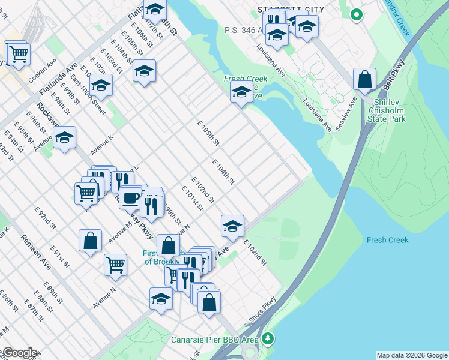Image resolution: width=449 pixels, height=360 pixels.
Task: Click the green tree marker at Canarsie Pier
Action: [x=270, y=339]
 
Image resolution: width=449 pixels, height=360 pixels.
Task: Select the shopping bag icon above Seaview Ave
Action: [x=364, y=79]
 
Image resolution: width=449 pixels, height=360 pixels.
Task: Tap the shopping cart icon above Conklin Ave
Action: [x=18, y=54]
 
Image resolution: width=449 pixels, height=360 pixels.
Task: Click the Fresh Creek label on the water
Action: [x=387, y=240]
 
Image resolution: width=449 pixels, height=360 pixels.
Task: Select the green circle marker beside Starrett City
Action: [x=356, y=14]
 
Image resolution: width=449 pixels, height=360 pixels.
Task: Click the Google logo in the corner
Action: [x=19, y=353]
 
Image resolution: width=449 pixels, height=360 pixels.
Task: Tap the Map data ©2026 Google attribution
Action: [x=412, y=355]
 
